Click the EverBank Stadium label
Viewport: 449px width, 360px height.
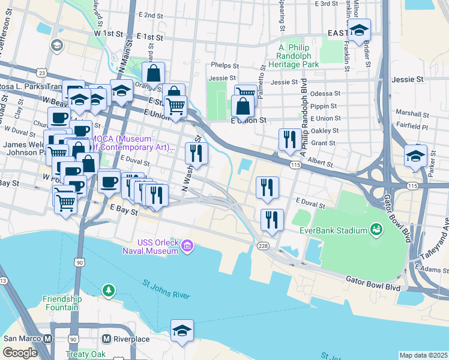(x=334, y=230)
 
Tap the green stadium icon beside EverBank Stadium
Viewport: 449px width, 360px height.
(x=377, y=229)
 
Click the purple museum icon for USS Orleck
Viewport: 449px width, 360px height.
(x=187, y=245)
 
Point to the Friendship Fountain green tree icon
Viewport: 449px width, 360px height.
(x=108, y=290)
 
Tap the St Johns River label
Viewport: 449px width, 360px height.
(x=166, y=289)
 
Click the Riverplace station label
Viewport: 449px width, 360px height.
(x=132, y=339)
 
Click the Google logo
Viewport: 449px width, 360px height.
(x=20, y=353)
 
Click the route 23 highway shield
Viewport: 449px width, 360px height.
(x=41, y=72)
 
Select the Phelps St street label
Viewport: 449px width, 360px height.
(x=224, y=67)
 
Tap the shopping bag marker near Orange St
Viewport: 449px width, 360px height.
(x=154, y=73)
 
